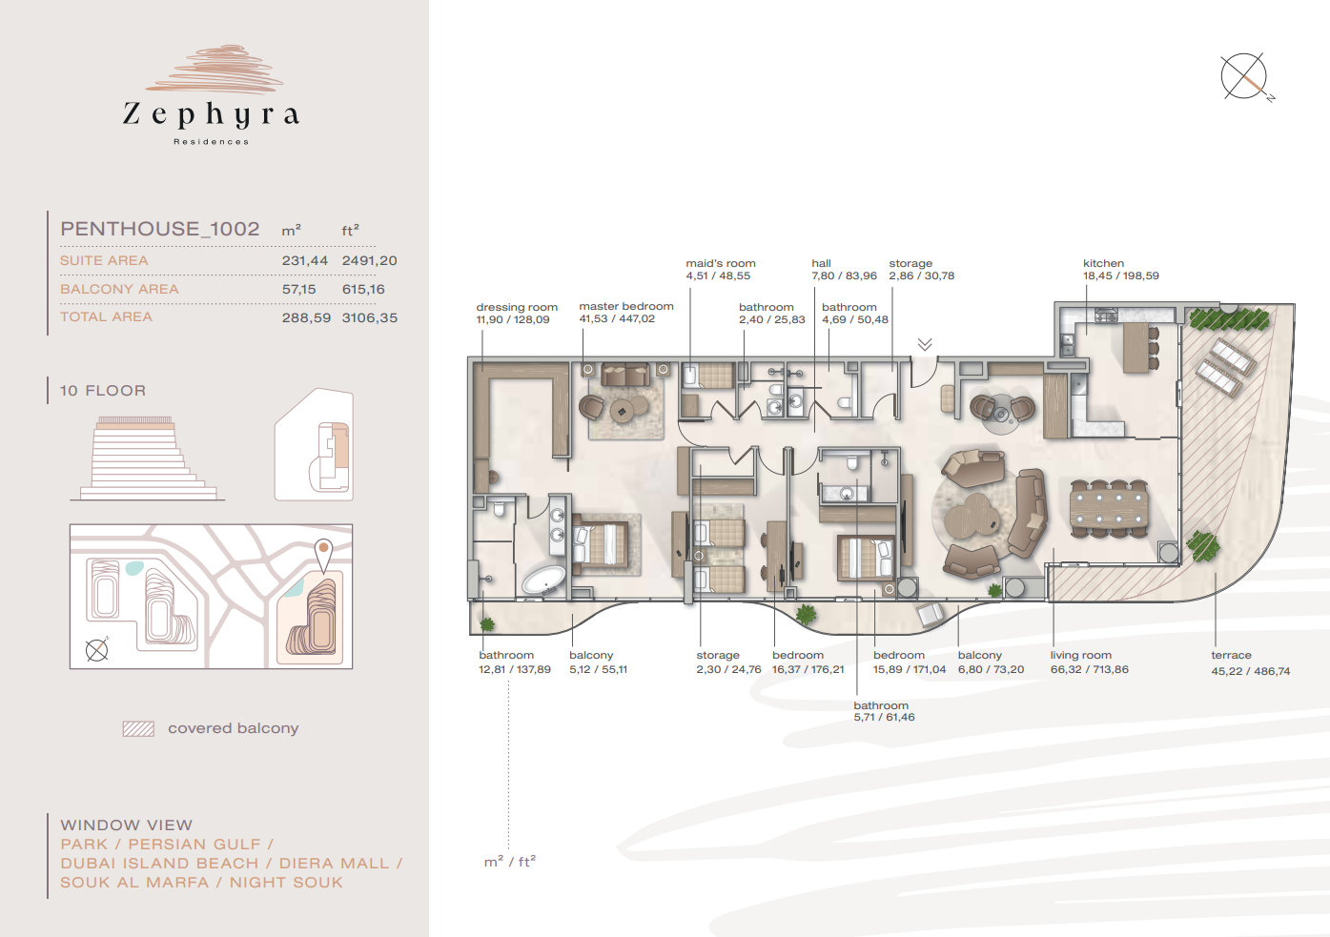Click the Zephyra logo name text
pos(211,114)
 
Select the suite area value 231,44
pos(304,260)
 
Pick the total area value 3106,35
pos(369,317)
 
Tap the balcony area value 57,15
pos(298,289)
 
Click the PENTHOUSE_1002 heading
pos(160,229)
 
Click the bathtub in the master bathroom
pos(543,580)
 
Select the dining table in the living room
pos(1109,508)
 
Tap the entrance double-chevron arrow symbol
pos(925,344)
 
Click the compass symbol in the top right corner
pos(1244,77)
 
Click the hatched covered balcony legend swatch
pos(138,728)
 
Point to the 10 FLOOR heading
pos(103,390)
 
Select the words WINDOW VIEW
pos(127,825)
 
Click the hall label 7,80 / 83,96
pos(844,270)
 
